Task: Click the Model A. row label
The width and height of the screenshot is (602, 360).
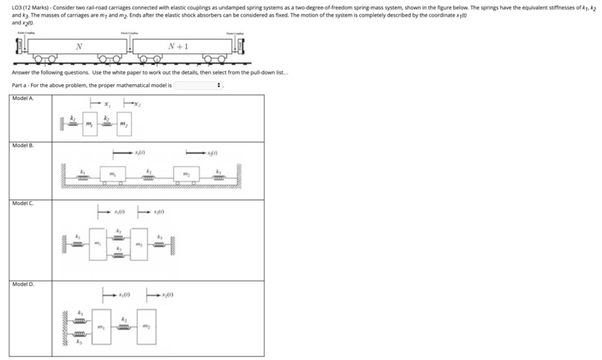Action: point(23,99)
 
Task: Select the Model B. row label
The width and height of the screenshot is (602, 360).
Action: point(23,146)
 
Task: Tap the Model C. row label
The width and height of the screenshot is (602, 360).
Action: point(23,204)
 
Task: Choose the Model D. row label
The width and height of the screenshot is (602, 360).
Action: point(23,284)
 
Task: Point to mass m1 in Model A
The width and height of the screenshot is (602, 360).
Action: point(89,124)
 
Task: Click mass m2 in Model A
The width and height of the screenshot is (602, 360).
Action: point(124,124)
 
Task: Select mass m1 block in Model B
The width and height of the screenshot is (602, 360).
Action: point(113,174)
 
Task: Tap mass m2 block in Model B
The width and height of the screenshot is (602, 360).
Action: point(186,174)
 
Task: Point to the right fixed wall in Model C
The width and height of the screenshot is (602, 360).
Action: point(173,245)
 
